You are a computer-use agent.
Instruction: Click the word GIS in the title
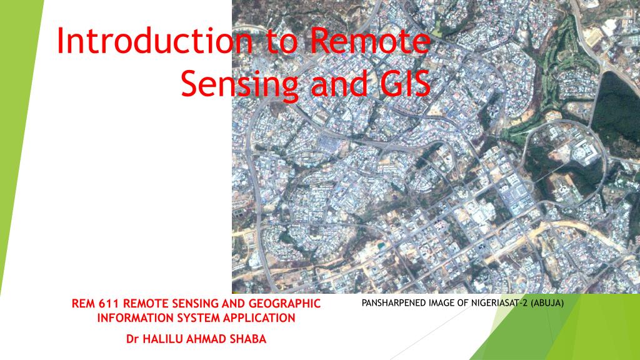click(402, 84)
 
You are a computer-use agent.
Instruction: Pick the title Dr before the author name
click(131, 339)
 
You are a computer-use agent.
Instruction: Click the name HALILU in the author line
click(162, 339)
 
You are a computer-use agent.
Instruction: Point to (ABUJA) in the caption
click(547, 304)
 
